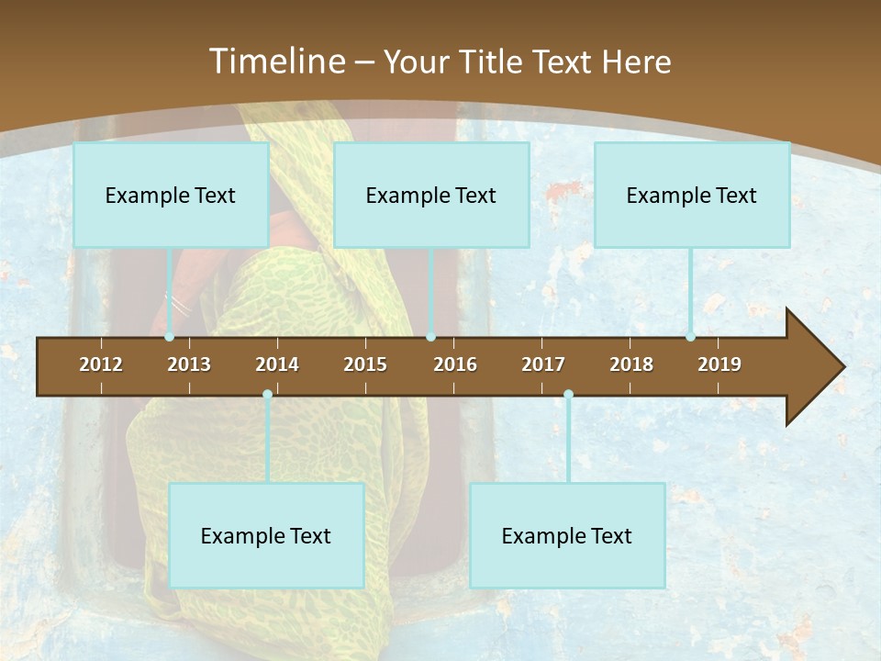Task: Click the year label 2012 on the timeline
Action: [101, 364]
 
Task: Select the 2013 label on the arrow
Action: [189, 364]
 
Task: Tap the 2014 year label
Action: [277, 364]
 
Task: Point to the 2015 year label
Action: [365, 364]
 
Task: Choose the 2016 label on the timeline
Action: [455, 364]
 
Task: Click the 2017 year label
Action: [543, 364]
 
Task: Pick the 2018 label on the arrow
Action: [631, 364]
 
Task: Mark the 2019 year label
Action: [719, 364]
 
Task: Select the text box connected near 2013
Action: [171, 195]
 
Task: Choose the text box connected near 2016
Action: [431, 195]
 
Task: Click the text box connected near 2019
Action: [692, 195]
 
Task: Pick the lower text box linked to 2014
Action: [266, 535]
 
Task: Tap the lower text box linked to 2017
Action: [567, 535]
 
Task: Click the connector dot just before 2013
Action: [170, 337]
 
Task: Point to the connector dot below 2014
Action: [267, 395]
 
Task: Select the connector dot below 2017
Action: [568, 395]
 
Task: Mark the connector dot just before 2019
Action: [691, 337]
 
